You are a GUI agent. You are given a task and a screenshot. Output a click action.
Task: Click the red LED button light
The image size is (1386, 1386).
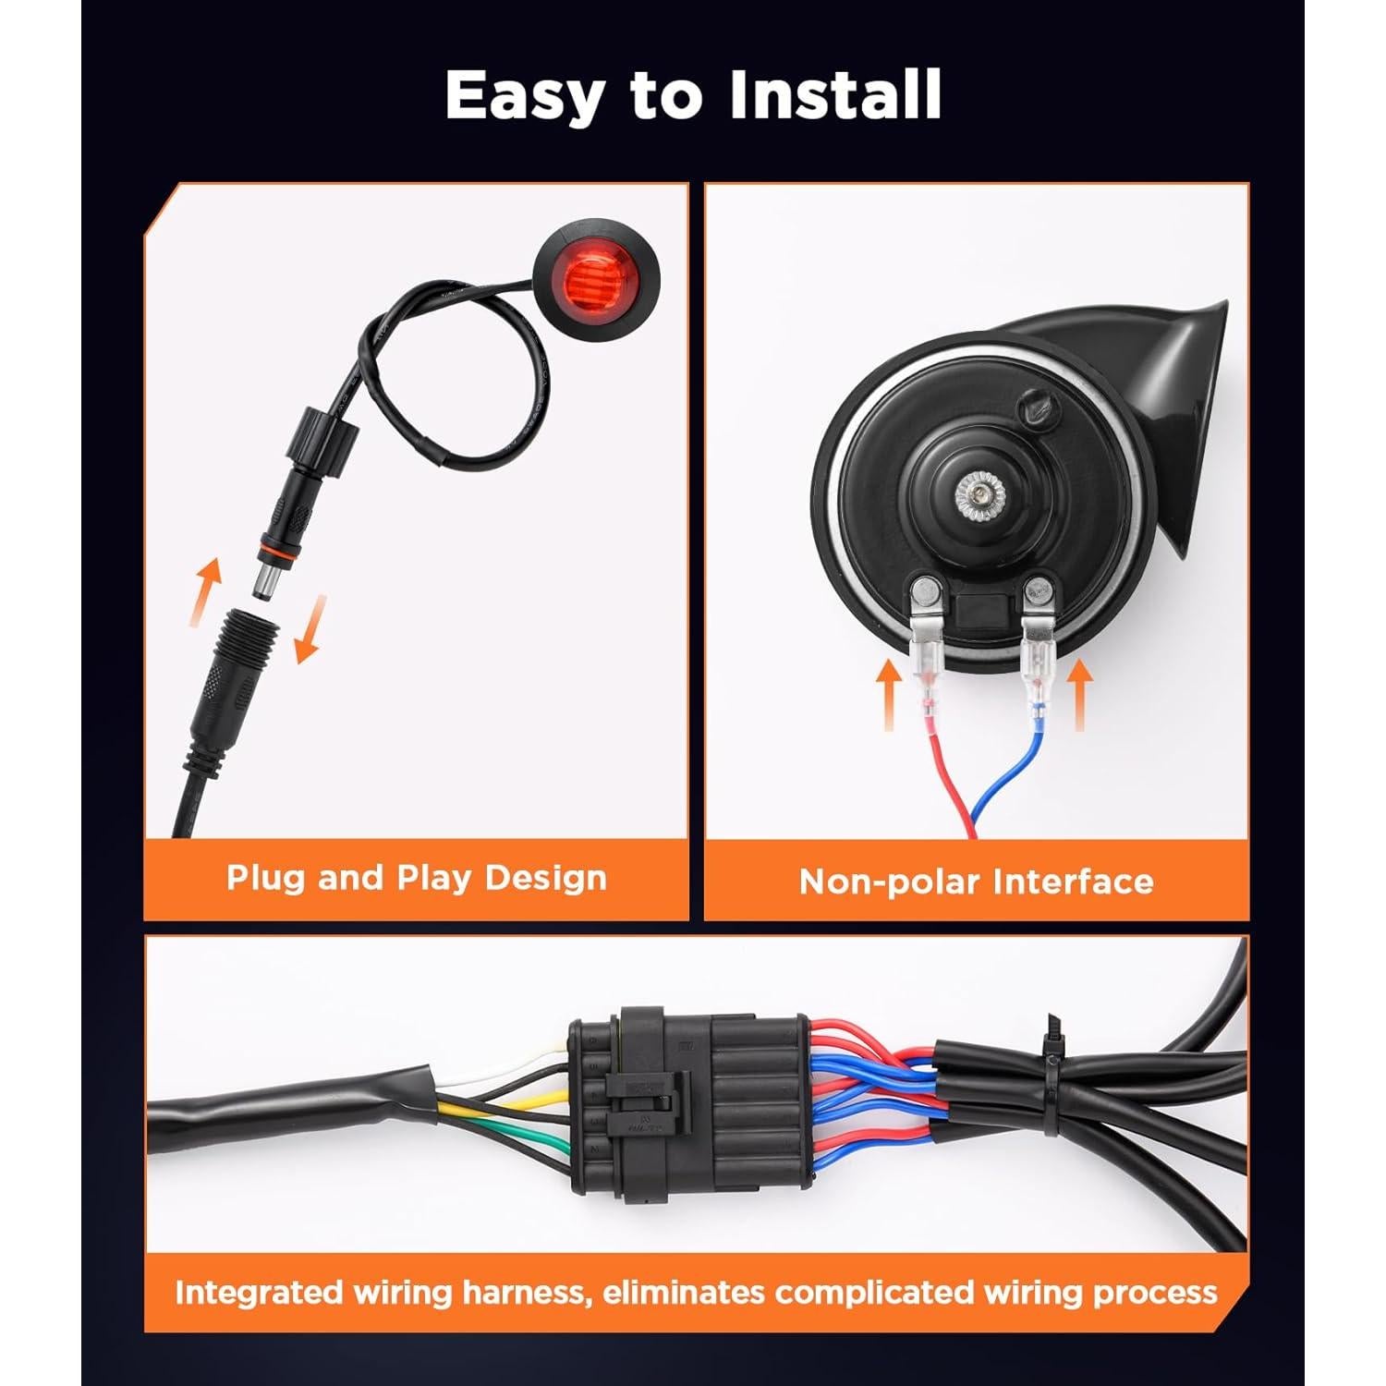pos(593,277)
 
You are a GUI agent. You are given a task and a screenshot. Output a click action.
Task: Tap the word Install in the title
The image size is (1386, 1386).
pos(835,95)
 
